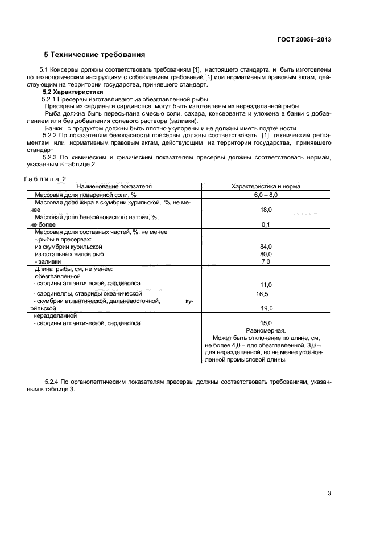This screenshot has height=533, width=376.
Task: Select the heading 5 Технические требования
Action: [x=94, y=55]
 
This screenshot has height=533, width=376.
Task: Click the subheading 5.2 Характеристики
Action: [x=73, y=92]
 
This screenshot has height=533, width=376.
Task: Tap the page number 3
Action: [x=329, y=493]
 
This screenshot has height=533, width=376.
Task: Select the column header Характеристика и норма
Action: [x=266, y=186]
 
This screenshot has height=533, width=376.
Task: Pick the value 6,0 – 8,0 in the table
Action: [x=266, y=195]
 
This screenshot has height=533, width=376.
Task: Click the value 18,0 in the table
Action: [x=266, y=210]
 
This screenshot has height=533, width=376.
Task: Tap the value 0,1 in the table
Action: [x=266, y=225]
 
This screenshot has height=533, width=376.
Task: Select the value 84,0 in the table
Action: [x=266, y=247]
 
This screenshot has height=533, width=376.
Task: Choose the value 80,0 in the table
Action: [x=266, y=254]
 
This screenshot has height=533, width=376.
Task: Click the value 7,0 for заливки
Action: [x=266, y=261]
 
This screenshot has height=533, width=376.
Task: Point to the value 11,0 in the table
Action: [x=266, y=284]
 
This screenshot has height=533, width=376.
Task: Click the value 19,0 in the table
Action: [x=266, y=308]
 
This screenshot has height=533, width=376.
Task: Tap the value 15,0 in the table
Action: [x=266, y=323]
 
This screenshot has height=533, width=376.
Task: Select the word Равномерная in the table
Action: [x=266, y=330]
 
